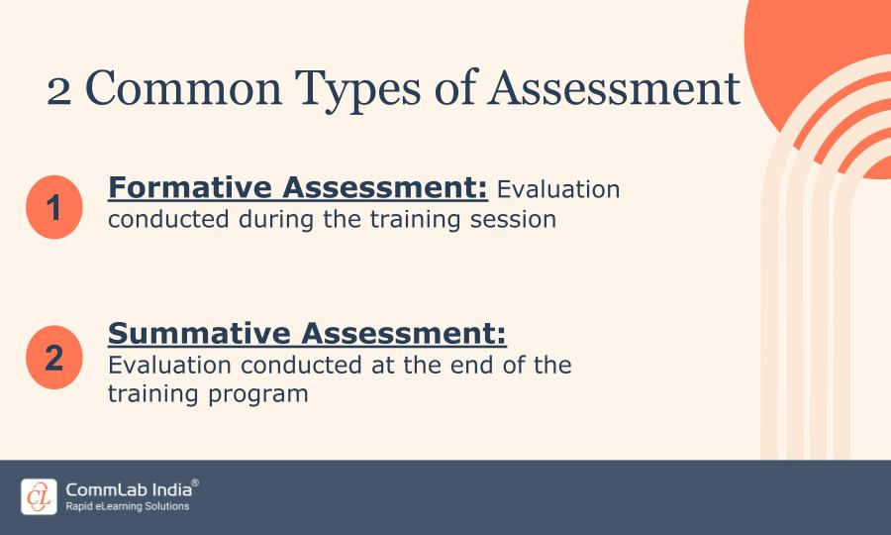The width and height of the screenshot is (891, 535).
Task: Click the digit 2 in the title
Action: [59, 89]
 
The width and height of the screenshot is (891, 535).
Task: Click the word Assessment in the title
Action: [614, 89]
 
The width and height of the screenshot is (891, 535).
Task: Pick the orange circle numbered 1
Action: [53, 209]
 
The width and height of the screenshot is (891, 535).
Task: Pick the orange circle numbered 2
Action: [53, 357]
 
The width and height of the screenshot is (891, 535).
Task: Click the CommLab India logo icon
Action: [39, 496]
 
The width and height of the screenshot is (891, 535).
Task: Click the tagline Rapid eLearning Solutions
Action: [127, 506]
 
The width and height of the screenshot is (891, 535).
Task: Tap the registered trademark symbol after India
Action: [195, 482]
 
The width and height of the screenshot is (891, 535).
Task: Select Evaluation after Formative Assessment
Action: [558, 188]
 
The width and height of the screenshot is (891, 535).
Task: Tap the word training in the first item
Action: [386, 220]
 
